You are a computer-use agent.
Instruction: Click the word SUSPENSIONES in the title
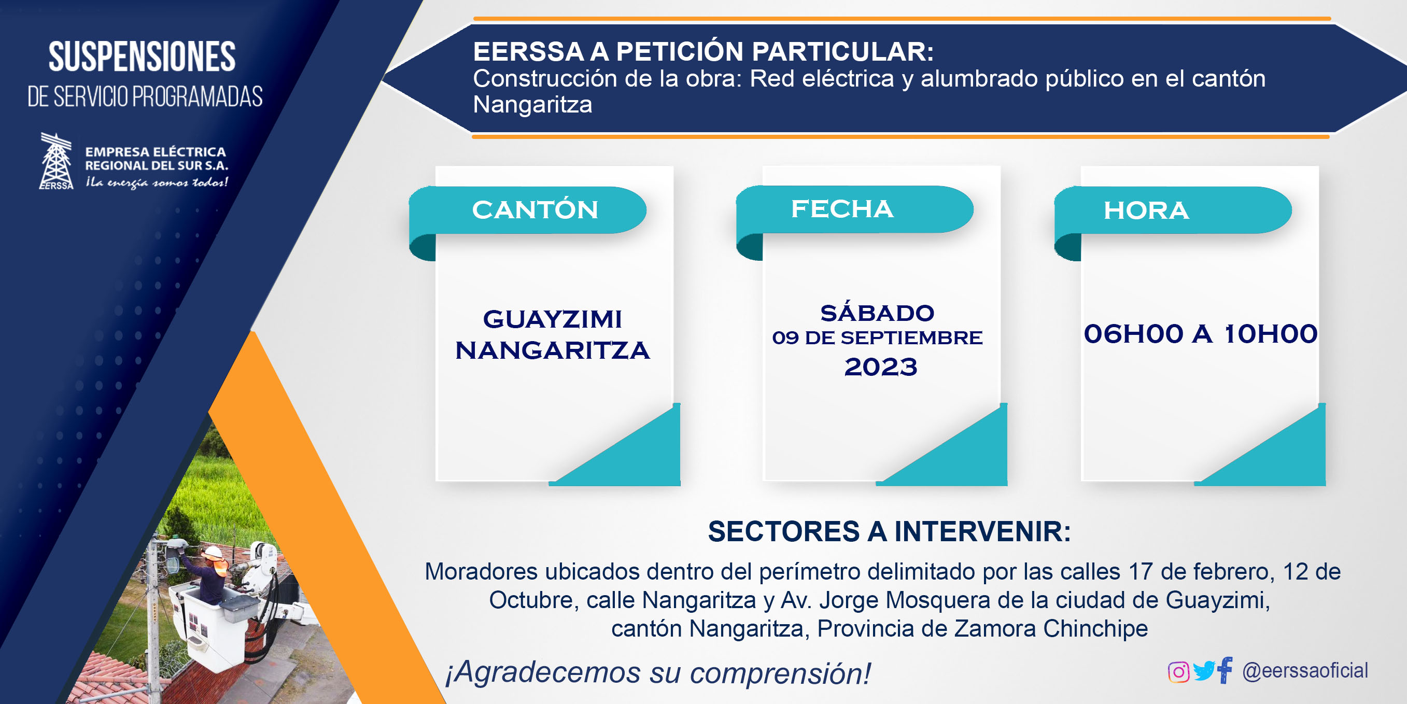tap(142, 57)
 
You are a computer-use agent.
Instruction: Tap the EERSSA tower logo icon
tap(57, 161)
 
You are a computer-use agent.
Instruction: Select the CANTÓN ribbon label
tap(534, 210)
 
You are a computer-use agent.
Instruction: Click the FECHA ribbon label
tap(842, 208)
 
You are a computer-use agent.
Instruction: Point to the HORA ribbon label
tap(1146, 210)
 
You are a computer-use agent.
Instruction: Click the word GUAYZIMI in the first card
tap(552, 319)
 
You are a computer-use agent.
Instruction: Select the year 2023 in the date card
tap(880, 367)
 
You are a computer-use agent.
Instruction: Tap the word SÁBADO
tap(877, 313)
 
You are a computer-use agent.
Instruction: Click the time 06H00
tap(1133, 334)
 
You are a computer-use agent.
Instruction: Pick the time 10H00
tap(1271, 334)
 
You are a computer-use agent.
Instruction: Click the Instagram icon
tap(1178, 672)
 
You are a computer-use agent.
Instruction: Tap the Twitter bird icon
tap(1204, 671)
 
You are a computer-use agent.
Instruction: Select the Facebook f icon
tap(1225, 670)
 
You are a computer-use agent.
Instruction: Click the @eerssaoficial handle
tap(1305, 671)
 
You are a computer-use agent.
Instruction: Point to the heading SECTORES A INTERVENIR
tap(889, 531)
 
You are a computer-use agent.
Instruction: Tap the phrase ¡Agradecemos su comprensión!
tap(658, 672)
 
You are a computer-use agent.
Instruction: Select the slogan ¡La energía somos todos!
tap(156, 182)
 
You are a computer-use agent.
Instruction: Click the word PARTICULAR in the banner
tap(842, 52)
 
